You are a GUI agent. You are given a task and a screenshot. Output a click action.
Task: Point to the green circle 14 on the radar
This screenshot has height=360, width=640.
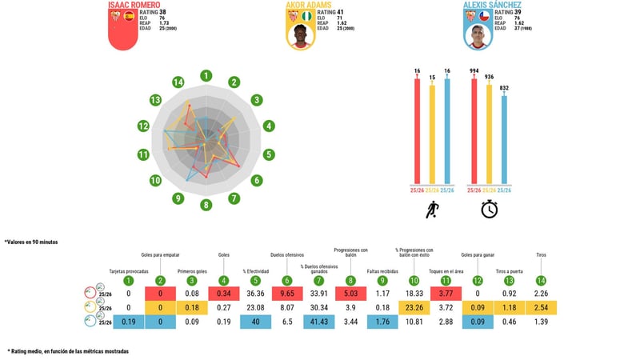coord(178,82)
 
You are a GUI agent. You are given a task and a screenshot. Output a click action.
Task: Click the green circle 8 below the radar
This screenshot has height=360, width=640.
coord(206,205)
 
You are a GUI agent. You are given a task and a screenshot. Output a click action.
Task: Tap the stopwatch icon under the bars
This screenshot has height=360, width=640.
coord(490,210)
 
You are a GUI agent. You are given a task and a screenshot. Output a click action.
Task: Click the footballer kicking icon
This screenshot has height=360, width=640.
coord(432,210)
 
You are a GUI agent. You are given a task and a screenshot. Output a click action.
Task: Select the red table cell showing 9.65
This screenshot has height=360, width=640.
coord(286,294)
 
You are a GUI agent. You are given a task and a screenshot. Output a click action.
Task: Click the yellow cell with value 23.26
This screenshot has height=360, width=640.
coord(414,308)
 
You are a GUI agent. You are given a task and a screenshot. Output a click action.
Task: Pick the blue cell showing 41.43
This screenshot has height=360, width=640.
coord(318,322)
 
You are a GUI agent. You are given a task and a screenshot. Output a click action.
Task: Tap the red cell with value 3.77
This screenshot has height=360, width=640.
coord(446,294)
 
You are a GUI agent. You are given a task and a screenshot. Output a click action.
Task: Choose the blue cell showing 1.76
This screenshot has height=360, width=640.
coord(382,322)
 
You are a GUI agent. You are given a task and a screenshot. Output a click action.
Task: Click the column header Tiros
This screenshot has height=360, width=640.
coord(541,255)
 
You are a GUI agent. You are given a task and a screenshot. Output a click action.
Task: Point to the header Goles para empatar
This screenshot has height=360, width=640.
coord(160,255)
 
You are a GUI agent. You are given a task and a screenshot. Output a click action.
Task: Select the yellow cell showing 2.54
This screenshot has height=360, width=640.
coord(541,308)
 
